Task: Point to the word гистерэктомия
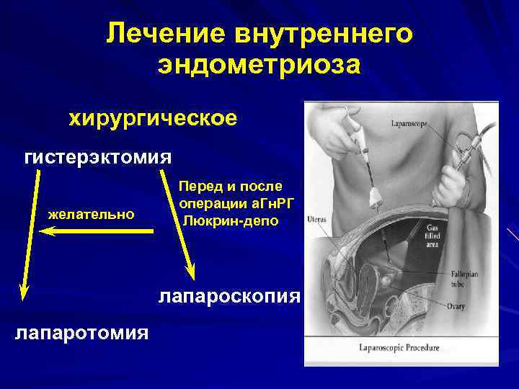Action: click(98, 157)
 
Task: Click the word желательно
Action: click(91, 214)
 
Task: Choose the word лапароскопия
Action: click(228, 296)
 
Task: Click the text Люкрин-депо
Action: click(230, 219)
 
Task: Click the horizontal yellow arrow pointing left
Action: click(97, 231)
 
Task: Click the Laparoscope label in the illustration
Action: click(409, 124)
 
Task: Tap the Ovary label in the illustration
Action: click(456, 308)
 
